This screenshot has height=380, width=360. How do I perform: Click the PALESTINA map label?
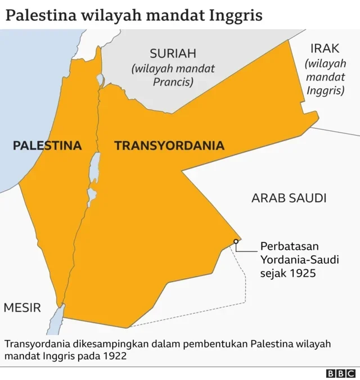pyautogui.click(x=47, y=146)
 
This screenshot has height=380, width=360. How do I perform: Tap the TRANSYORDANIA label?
pyautogui.click(x=169, y=146)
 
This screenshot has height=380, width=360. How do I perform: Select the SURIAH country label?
pyautogui.click(x=173, y=54)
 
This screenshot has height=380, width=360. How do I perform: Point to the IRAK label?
pyautogui.click(x=325, y=49)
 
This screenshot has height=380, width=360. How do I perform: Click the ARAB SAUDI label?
pyautogui.click(x=289, y=198)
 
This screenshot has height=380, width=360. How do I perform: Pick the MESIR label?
pyautogui.click(x=22, y=307)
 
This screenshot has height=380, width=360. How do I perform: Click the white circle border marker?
pyautogui.click(x=236, y=242)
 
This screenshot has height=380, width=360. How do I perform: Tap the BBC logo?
pyautogui.click(x=341, y=373)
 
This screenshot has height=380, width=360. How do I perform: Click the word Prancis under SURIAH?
pyautogui.click(x=173, y=82)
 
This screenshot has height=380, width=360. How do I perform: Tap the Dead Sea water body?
pyautogui.click(x=94, y=169)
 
